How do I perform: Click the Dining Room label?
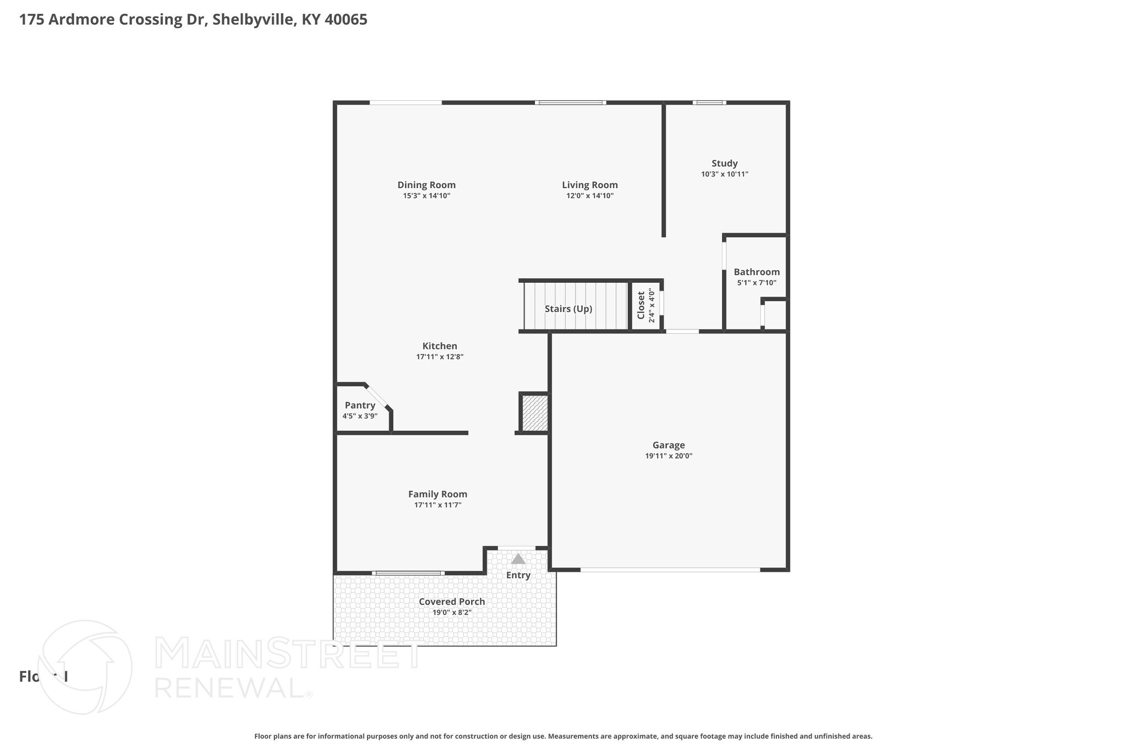click(x=426, y=185)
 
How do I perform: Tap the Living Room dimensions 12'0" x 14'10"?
click(x=590, y=196)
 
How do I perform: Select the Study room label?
click(x=724, y=163)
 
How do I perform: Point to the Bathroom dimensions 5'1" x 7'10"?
click(x=757, y=283)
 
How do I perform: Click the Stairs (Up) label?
click(x=568, y=309)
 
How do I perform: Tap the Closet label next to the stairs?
click(x=641, y=305)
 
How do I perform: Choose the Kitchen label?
click(x=440, y=346)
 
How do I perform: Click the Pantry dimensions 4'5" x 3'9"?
click(x=360, y=416)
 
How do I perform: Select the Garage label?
click(x=669, y=445)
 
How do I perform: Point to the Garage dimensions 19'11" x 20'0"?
click(x=669, y=456)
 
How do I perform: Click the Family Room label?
click(x=437, y=494)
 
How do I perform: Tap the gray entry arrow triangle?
click(x=518, y=559)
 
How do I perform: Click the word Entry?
click(x=518, y=575)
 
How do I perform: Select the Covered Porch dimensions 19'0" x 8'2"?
click(x=452, y=612)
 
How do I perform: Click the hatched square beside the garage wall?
click(x=534, y=413)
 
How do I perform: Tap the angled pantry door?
click(x=377, y=396)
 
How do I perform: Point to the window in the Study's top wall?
click(x=709, y=102)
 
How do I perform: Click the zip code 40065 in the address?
click(x=346, y=20)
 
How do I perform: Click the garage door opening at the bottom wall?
click(x=670, y=569)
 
